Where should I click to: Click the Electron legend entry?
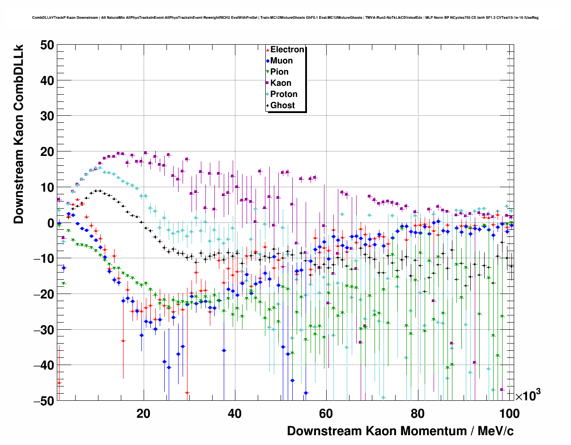click(287, 50)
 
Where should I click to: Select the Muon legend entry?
click(281, 61)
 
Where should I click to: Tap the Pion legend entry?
click(279, 72)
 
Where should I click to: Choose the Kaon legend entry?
click(281, 83)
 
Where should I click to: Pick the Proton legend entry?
click(284, 94)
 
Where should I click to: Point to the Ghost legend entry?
click(282, 105)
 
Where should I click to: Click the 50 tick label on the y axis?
click(47, 45)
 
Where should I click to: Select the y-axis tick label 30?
click(47, 116)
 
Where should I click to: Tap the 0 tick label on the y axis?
click(50, 223)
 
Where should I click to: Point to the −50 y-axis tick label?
click(44, 401)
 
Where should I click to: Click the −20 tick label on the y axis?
click(44, 294)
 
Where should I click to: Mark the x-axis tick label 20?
click(143, 413)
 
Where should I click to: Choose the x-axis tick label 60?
click(326, 413)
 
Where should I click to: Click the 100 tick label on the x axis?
click(509, 413)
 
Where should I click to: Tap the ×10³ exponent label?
click(528, 395)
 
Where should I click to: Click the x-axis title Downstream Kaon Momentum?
click(400, 431)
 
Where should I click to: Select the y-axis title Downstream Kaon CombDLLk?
click(18, 134)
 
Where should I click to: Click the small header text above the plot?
click(285, 18)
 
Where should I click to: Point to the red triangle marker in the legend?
click(268, 50)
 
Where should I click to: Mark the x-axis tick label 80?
click(417, 413)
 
